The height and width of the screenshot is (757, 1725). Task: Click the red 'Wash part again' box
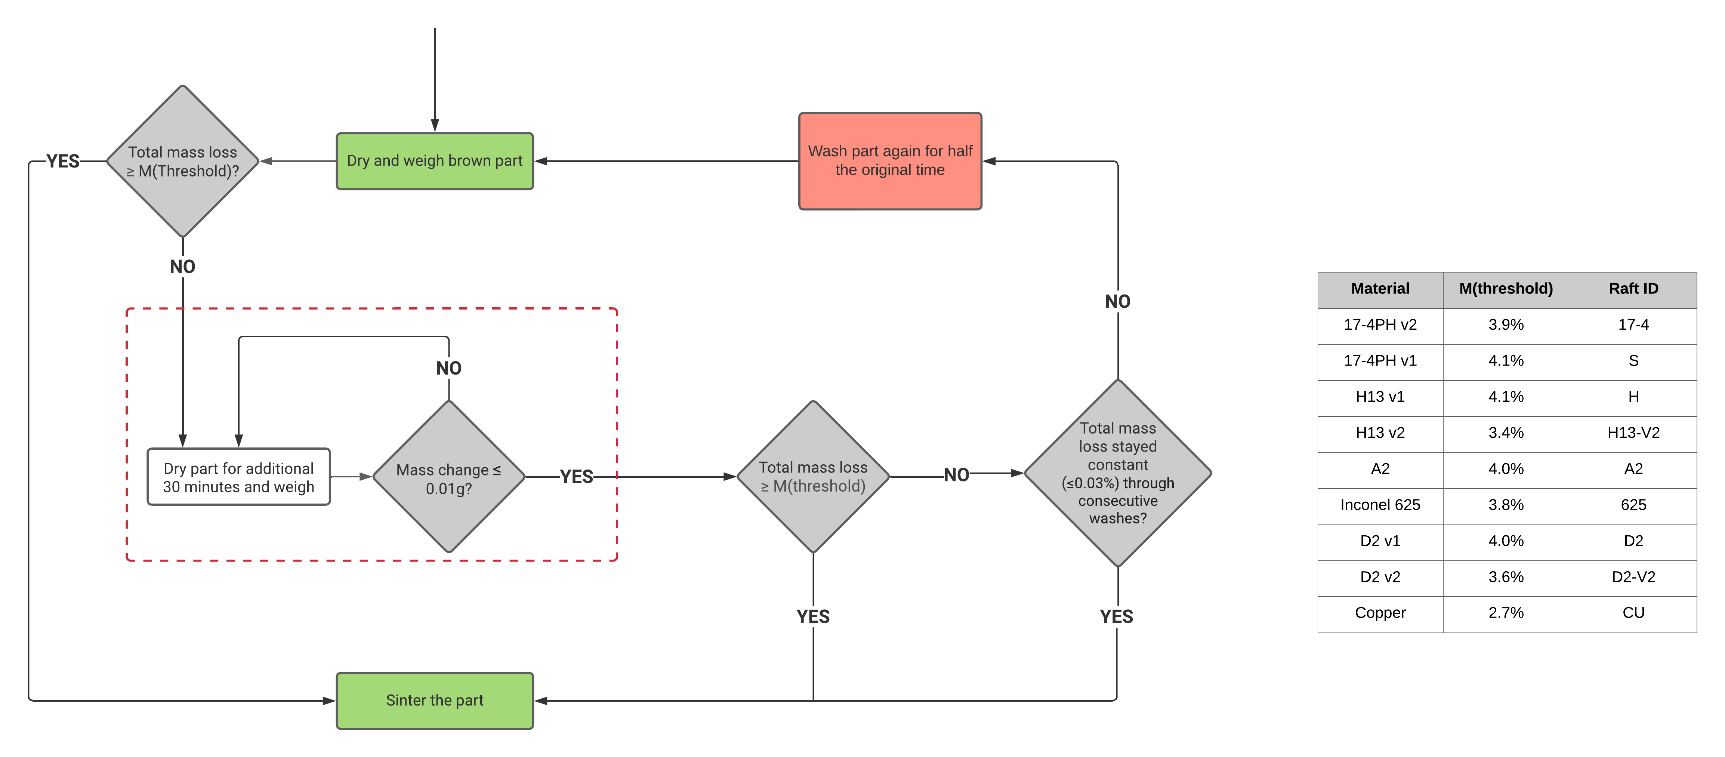(x=889, y=161)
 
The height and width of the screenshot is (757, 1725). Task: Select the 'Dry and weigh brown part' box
(x=435, y=161)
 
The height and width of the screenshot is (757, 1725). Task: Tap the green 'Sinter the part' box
(x=435, y=700)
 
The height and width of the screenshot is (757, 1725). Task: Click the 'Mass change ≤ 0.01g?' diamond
(x=449, y=477)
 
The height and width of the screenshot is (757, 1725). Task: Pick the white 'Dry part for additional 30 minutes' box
(x=238, y=477)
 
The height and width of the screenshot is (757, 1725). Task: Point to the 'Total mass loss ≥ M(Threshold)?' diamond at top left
(x=182, y=161)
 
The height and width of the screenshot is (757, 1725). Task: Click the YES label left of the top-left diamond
(x=63, y=161)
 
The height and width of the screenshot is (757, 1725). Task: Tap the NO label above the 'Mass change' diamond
(x=449, y=368)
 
